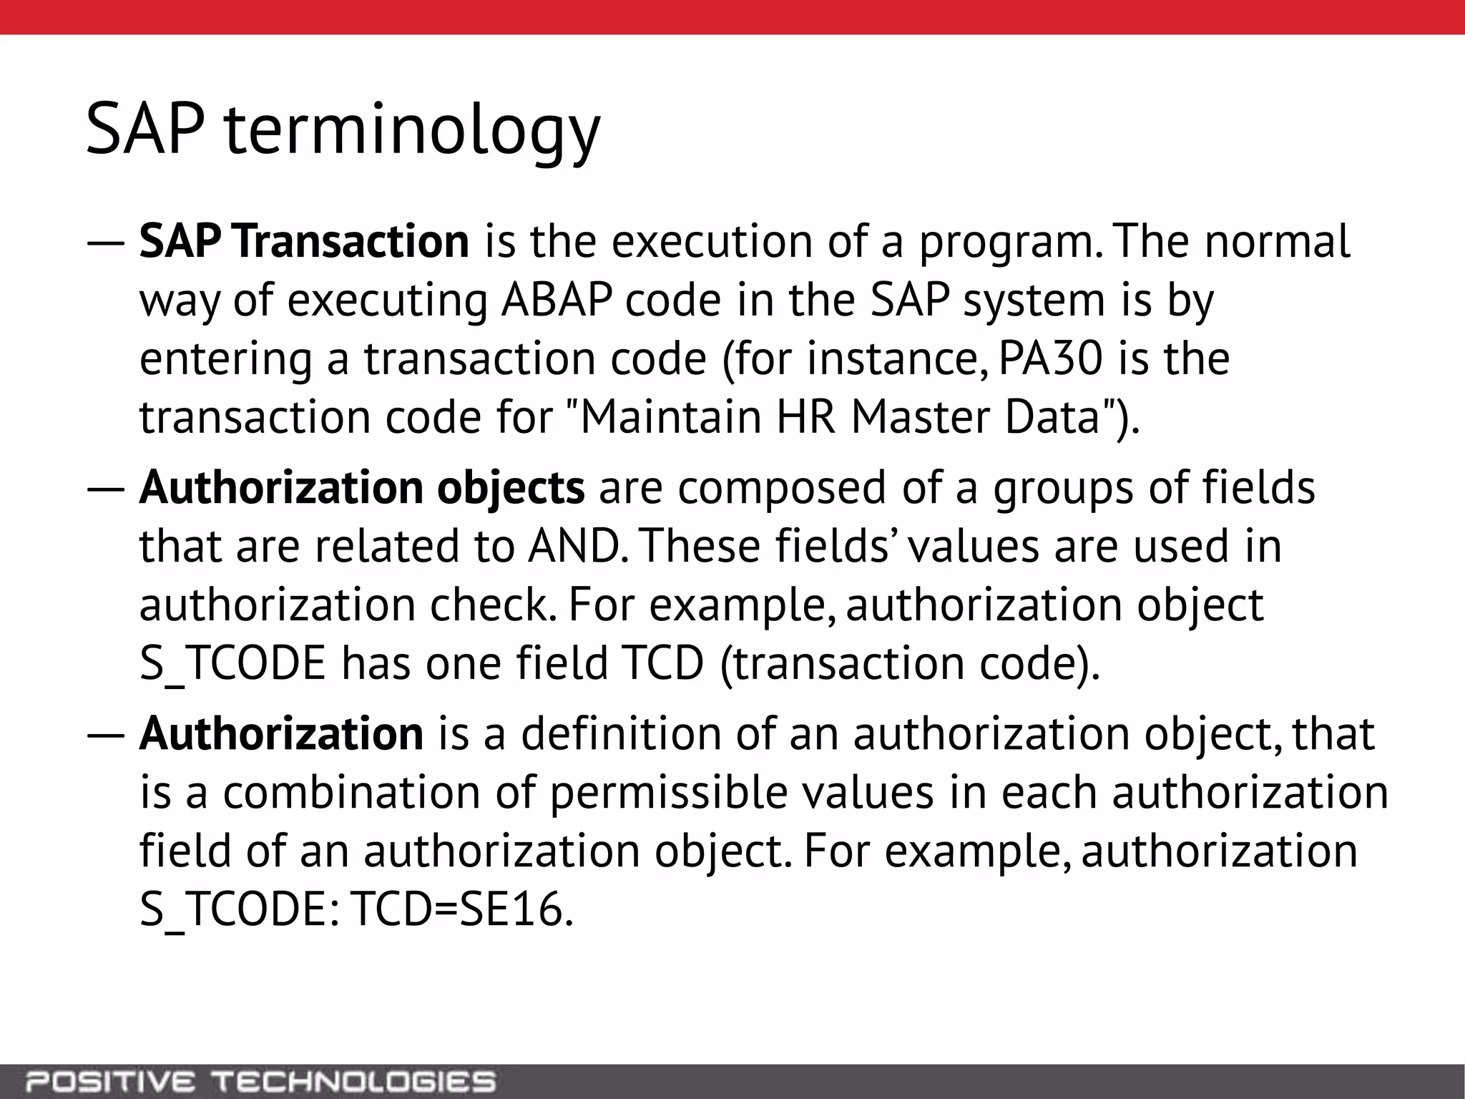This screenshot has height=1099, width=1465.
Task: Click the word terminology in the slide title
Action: pos(412,130)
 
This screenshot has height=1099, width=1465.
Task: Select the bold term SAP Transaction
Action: pos(304,241)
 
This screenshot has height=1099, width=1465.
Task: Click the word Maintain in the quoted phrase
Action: pos(670,417)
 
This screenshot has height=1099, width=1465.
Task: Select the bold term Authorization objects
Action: pos(362,487)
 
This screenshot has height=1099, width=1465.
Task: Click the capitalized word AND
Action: pos(574,546)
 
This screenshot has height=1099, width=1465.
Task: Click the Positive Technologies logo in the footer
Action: pos(260,1081)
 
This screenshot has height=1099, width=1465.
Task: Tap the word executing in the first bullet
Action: pos(387,301)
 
